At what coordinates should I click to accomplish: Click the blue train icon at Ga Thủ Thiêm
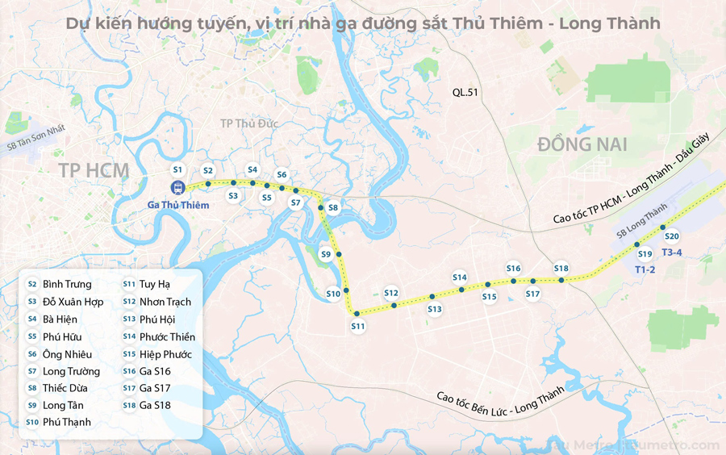(x=177, y=188)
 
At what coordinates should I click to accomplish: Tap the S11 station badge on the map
(x=358, y=326)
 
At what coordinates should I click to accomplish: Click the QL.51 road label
(x=465, y=93)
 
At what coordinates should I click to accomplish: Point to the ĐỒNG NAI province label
(x=582, y=144)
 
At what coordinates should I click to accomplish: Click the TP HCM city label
(x=94, y=169)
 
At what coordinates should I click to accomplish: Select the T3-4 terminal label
(x=672, y=253)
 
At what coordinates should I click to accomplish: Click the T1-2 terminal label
(x=645, y=269)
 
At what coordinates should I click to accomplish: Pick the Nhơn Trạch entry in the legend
(x=165, y=302)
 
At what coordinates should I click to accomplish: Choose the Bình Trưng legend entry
(x=67, y=284)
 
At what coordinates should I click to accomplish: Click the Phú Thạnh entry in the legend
(x=67, y=422)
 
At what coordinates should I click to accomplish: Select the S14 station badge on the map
(x=460, y=278)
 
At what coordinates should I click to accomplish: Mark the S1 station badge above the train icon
(x=178, y=169)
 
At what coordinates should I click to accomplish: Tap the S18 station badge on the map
(x=561, y=269)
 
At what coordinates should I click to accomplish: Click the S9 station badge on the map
(x=326, y=254)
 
